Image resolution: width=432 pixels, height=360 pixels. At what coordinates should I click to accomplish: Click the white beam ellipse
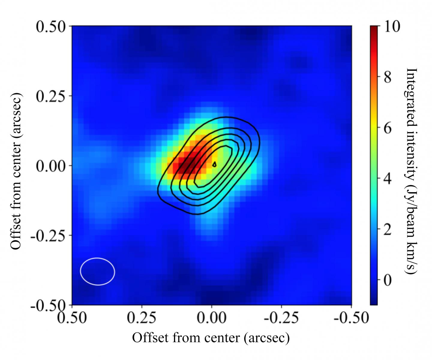point(97,271)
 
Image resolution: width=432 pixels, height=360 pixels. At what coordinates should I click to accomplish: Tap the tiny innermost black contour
point(214,164)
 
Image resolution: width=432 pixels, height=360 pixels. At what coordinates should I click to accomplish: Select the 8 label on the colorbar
point(387,77)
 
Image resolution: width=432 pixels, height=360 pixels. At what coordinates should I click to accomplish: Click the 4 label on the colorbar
point(387,179)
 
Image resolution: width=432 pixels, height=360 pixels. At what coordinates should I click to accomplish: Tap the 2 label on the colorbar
point(387,230)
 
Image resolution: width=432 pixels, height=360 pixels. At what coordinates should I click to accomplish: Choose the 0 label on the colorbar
point(387,281)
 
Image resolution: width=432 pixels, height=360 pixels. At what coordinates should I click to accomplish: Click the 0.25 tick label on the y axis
point(50,96)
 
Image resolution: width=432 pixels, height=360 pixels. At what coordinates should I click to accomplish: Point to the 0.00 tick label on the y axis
point(50,166)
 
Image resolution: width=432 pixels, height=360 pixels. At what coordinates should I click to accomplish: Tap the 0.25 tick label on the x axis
point(142,317)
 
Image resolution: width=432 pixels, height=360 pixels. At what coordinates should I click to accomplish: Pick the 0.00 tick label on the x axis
point(211,317)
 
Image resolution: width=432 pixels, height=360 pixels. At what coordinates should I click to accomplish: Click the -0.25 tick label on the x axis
point(281,317)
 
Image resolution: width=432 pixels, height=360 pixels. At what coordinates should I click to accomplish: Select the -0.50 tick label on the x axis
point(351,317)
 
